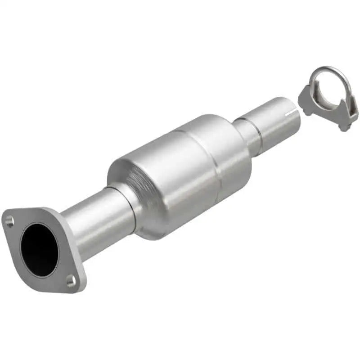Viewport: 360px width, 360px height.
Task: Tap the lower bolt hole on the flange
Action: [71, 281]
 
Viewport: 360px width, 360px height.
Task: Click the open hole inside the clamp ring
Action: [331, 85]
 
